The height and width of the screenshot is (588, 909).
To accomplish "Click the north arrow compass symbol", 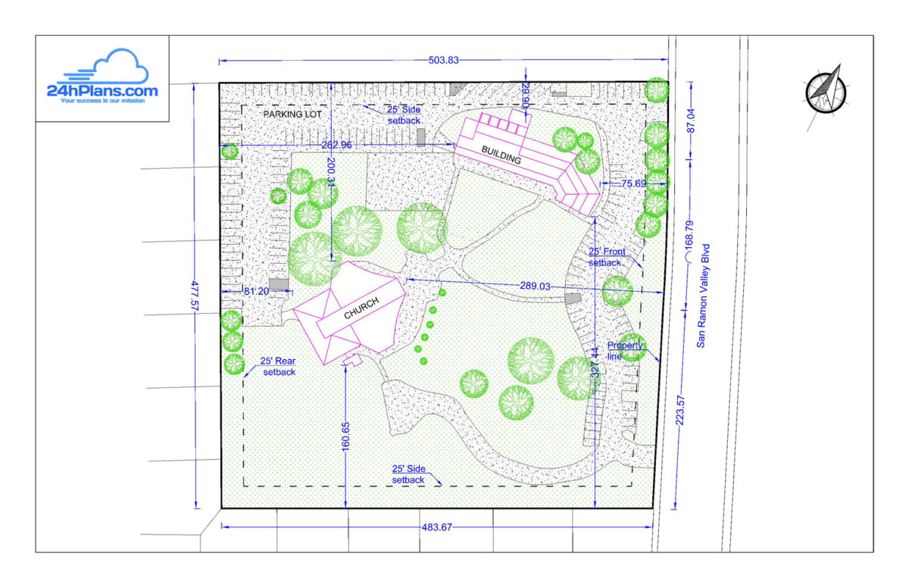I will tap(823, 89).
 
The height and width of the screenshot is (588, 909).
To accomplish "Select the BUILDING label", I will tap(501, 155).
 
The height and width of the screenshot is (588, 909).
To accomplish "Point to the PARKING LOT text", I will tap(292, 114).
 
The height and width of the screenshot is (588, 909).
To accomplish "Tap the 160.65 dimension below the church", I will tap(345, 437).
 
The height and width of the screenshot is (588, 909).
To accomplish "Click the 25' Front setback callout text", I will tap(605, 257).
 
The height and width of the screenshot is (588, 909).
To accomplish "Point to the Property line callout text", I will tap(625, 350).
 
